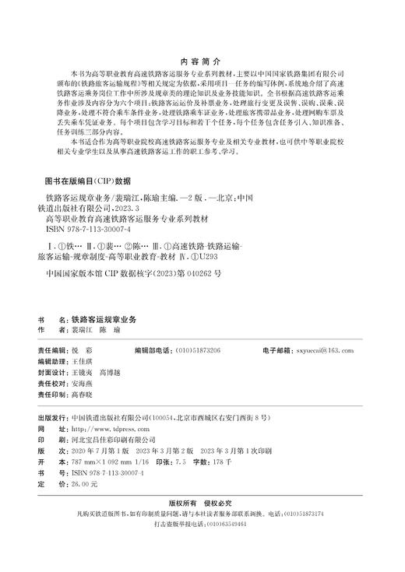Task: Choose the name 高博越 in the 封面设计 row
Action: point(113,352)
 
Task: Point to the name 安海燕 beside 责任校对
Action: point(82,363)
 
